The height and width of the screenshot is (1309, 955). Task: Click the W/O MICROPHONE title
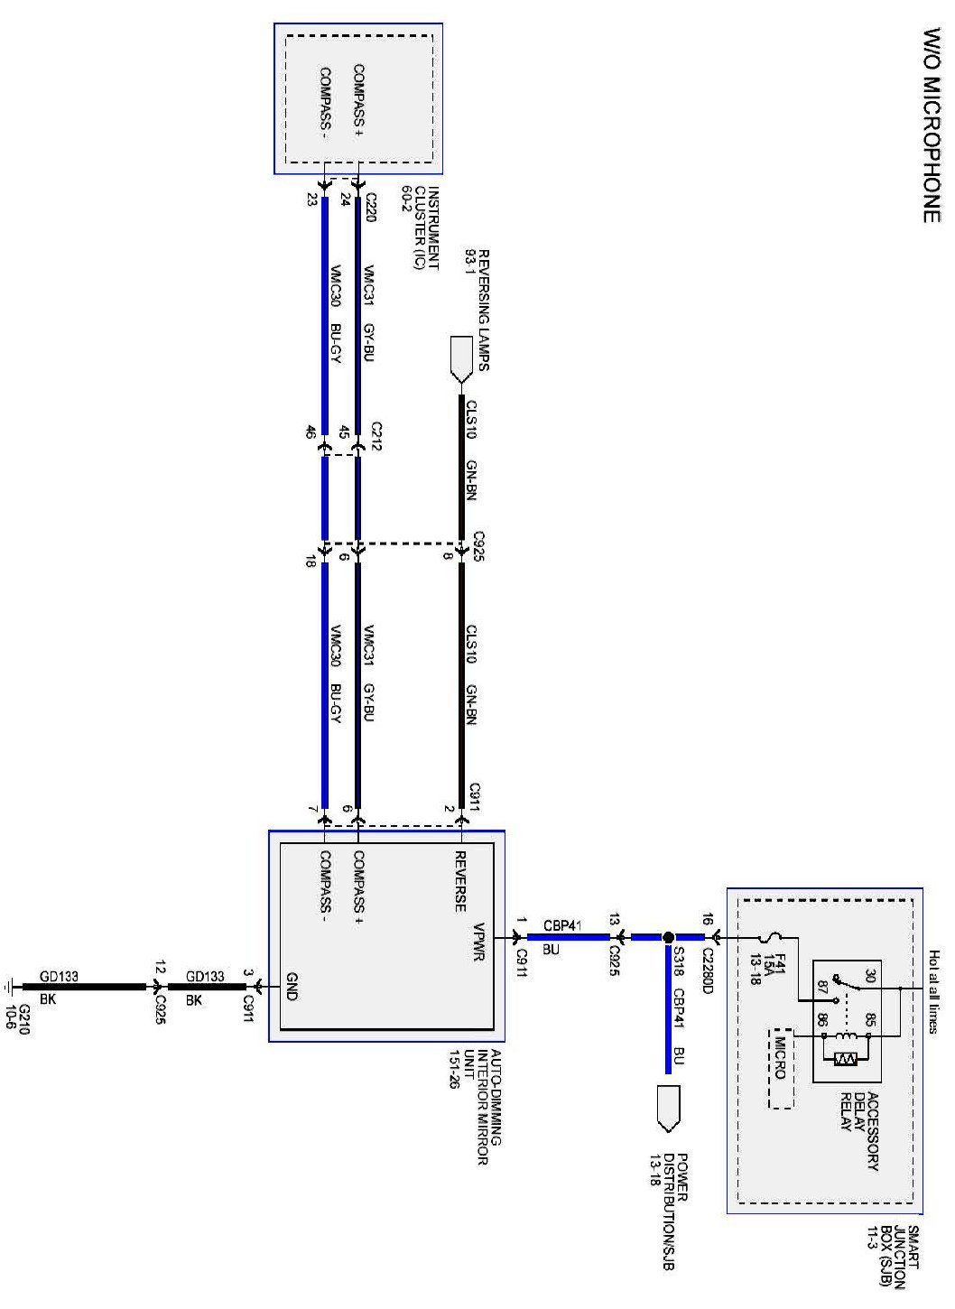coord(932,125)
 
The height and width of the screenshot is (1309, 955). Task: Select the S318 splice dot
coord(668,938)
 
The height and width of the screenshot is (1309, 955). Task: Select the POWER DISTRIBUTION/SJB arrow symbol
coord(668,1108)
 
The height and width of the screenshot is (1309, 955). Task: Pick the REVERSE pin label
coord(459,880)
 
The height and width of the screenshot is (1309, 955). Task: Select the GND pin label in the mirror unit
coord(292,987)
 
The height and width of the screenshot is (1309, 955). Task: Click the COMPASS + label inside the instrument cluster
coord(358,100)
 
